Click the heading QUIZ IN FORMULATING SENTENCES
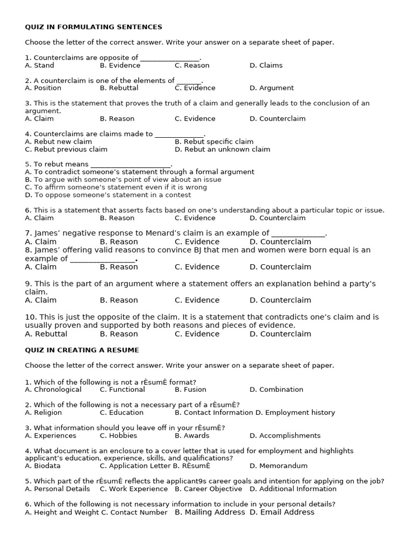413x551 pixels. click(94, 27)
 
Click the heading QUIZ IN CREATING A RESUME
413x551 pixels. click(82, 350)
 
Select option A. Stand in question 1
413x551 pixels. click(39, 66)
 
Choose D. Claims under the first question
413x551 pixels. click(266, 66)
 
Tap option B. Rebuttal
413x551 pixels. click(119, 88)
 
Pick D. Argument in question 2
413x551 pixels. click(272, 88)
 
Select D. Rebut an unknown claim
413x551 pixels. click(222, 150)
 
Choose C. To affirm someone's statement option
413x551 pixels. click(116, 187)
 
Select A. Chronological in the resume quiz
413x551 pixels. click(53, 390)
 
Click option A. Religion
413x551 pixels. click(43, 413)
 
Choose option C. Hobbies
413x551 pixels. click(118, 436)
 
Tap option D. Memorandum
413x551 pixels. click(279, 466)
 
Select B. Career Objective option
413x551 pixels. click(208, 489)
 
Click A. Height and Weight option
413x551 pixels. click(61, 513)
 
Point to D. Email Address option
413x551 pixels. click(282, 513)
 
